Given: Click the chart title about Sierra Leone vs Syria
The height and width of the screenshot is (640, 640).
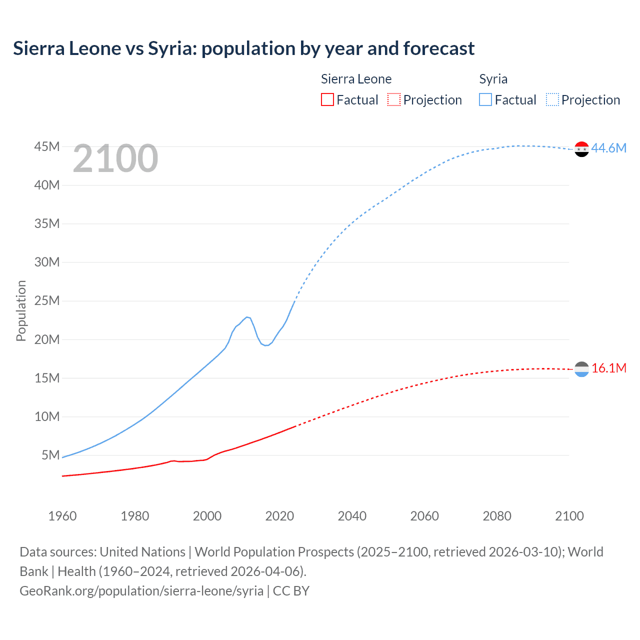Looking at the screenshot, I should tap(243, 48).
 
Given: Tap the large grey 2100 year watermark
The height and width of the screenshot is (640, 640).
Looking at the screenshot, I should tap(115, 158).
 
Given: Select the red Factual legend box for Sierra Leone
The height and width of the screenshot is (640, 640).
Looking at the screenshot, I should tap(327, 99).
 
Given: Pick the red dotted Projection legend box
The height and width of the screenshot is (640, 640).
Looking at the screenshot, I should tap(394, 99).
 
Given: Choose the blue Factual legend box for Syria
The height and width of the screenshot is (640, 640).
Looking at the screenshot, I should tap(485, 99).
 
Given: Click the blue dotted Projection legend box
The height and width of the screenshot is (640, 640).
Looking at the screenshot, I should tap(552, 99).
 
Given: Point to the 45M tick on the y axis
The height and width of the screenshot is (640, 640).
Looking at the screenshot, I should tap(47, 146).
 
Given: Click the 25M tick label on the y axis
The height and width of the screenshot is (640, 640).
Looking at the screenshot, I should tap(47, 300).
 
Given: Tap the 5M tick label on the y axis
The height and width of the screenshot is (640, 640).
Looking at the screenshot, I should tap(50, 455).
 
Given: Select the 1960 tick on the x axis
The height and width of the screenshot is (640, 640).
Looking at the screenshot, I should tap(62, 516).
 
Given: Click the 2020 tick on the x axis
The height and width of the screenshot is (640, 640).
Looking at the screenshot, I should tap(279, 516).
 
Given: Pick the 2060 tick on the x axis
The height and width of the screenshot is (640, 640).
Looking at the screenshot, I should tap(424, 516).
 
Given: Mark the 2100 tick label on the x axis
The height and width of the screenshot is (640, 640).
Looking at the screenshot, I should tap(569, 516).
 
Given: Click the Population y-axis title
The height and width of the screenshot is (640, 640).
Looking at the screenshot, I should tap(21, 310).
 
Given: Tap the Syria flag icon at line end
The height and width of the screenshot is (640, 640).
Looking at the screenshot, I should tap(581, 149).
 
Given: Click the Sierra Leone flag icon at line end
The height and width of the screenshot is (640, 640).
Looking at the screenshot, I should tap(581, 369).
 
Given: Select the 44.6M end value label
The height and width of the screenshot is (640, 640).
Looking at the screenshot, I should tap(608, 148).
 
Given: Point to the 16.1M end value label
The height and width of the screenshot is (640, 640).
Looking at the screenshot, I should tap(608, 368).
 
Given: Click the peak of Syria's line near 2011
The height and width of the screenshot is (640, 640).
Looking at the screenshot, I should tap(247, 317).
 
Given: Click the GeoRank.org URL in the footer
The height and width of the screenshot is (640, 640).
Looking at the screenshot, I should tap(141, 590).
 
